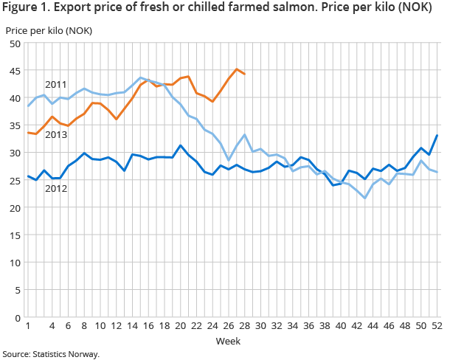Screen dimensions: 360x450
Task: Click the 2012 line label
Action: point(56,189)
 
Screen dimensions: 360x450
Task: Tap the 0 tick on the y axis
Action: point(15,317)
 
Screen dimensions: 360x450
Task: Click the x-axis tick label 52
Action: point(437,325)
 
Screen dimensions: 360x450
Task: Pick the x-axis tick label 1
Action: point(28,325)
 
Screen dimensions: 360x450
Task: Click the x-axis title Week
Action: point(227,341)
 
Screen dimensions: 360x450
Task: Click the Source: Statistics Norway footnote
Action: point(50,354)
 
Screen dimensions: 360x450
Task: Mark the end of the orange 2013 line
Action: point(245,74)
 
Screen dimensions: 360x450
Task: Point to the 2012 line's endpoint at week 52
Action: point(437,135)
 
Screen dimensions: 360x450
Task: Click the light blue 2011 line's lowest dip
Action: point(365,198)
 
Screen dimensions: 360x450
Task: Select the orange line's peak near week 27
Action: point(237,69)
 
